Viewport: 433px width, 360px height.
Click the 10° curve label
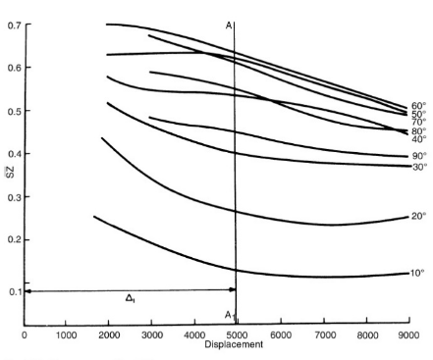coord(417,273)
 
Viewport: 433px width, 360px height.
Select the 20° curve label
coord(417,216)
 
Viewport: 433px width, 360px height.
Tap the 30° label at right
coord(417,167)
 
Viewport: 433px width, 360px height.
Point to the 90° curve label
coord(417,155)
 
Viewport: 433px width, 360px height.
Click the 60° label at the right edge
coord(417,105)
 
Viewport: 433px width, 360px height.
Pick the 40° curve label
coord(417,139)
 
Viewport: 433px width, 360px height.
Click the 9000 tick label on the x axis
coord(406,335)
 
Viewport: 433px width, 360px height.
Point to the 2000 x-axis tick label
coord(109,335)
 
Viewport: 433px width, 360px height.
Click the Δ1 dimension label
coord(130,299)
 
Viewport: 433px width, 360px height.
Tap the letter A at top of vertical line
coord(228,26)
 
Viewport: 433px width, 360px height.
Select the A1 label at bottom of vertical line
coord(229,315)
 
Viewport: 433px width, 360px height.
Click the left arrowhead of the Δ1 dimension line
coord(29,290)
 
